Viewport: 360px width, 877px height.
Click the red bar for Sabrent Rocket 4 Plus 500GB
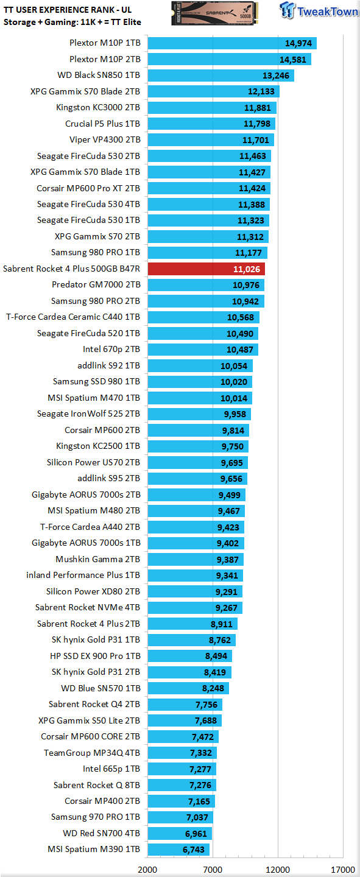pos(206,269)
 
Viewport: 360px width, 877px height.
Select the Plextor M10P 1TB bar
pos(232,43)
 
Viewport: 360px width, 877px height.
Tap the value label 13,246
pos(276,76)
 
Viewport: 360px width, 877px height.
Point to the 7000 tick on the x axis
pos(213,870)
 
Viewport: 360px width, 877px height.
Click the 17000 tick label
pos(343,870)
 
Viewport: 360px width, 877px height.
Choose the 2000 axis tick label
pos(147,870)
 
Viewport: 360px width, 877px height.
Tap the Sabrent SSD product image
pos(214,13)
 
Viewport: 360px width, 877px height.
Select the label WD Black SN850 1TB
pos(99,75)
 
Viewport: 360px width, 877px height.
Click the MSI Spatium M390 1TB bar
pos(178,849)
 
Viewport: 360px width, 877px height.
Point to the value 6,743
pos(194,850)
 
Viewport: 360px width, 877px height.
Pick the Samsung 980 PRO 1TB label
pos(96,253)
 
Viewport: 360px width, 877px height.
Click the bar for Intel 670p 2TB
pos(203,349)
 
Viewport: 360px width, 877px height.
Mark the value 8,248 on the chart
pos(213,688)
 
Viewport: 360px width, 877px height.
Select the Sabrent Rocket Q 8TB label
pos(97,785)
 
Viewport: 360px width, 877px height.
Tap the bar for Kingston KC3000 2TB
pos(212,108)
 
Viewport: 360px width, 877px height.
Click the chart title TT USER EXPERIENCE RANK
pos(68,10)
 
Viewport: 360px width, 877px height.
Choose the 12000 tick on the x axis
pos(278,870)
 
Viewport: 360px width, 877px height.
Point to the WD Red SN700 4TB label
pos(102,833)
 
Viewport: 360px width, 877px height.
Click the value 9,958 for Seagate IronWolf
pos(235,414)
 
